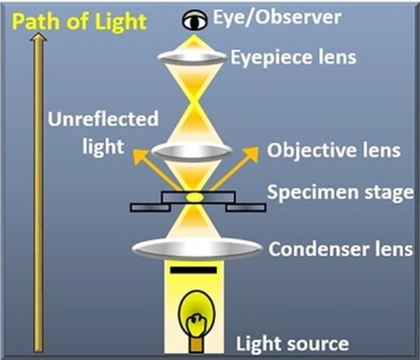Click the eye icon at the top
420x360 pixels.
(x=195, y=20)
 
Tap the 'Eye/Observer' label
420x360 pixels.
(x=277, y=18)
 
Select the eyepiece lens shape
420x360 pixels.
(x=192, y=56)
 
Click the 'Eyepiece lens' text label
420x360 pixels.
(x=293, y=57)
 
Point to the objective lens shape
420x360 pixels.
(x=191, y=151)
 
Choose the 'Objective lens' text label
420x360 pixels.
(x=334, y=150)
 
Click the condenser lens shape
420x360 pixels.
(x=197, y=249)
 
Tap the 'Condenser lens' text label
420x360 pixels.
(x=341, y=250)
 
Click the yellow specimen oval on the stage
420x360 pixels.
(x=194, y=197)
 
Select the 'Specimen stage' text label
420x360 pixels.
(x=341, y=192)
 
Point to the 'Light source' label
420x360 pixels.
(x=292, y=343)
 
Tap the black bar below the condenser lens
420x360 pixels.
(x=193, y=270)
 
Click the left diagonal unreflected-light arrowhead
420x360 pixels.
(x=139, y=156)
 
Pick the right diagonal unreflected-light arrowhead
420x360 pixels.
(x=250, y=154)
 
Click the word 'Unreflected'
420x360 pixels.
(x=103, y=119)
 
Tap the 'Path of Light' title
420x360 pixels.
(x=79, y=22)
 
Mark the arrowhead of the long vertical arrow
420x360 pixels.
(x=39, y=37)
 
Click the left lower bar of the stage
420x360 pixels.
(x=150, y=207)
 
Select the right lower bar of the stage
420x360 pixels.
(x=246, y=207)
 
